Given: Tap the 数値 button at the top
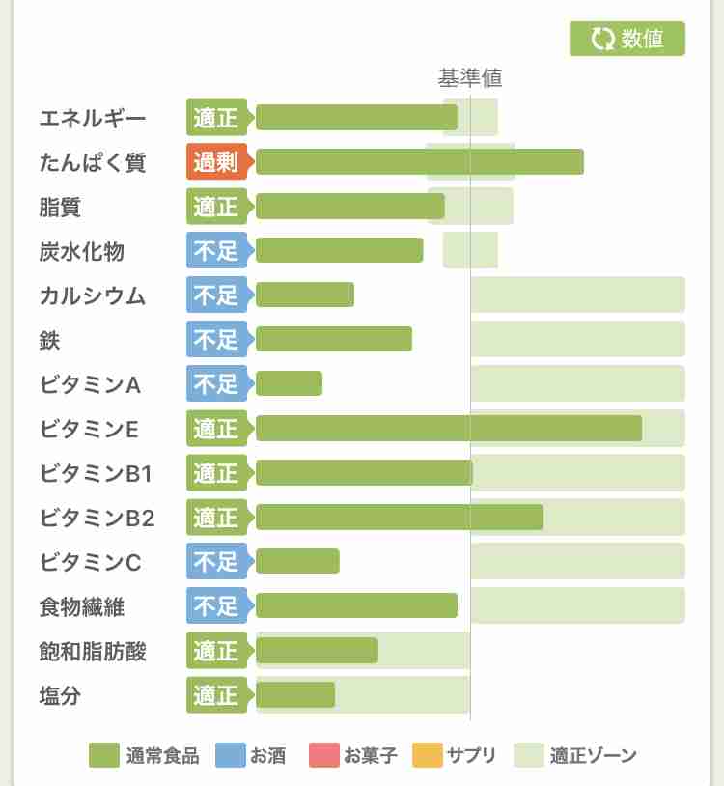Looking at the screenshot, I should (x=627, y=39).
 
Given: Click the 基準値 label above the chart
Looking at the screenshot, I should (x=470, y=78).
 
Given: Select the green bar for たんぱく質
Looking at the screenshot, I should (x=420, y=162).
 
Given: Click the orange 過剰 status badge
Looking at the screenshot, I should (x=216, y=162).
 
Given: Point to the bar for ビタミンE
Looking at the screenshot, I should (x=449, y=429).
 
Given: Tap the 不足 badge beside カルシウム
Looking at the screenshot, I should (x=216, y=295).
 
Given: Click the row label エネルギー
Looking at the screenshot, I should (x=93, y=119).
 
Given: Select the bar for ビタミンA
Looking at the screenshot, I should (x=290, y=384).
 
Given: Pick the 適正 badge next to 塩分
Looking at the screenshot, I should (x=216, y=695).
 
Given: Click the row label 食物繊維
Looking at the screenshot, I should (x=82, y=607).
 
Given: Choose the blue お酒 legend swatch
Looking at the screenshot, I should (x=230, y=755).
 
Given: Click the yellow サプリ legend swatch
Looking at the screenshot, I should (x=427, y=755).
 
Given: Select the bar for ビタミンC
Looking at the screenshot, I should (x=298, y=562).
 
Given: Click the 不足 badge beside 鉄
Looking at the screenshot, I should (x=216, y=340).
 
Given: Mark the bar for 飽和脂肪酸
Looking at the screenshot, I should (x=317, y=651).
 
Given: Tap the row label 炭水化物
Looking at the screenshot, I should (x=82, y=252).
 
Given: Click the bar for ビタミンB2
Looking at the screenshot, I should (x=400, y=518).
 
